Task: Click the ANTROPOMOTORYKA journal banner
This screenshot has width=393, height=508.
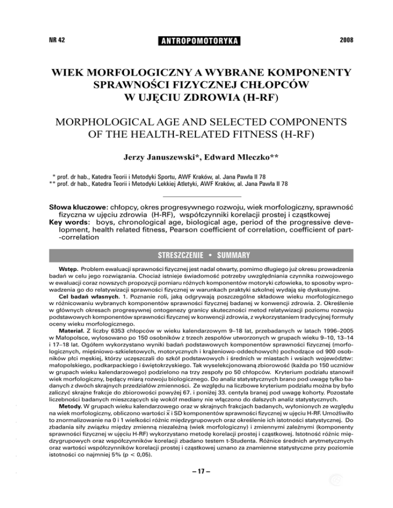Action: [196, 39]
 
